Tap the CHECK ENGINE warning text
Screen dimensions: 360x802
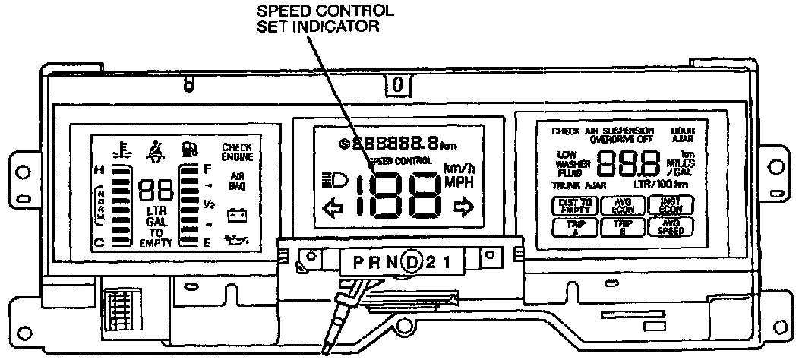pyautogui.click(x=237, y=151)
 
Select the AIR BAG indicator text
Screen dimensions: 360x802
pyautogui.click(x=237, y=180)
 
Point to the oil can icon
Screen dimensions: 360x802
pyautogui.click(x=237, y=242)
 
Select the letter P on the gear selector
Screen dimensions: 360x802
pyautogui.click(x=351, y=263)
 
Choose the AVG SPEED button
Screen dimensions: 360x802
pyautogui.click(x=669, y=227)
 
